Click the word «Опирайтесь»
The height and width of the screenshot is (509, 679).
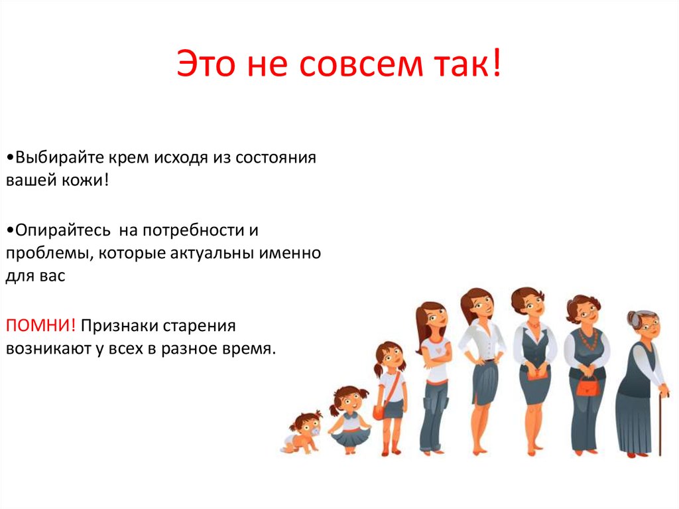point(60,230)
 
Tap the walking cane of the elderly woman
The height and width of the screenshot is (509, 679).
point(660,425)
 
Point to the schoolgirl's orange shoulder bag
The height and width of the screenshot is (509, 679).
point(379,412)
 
